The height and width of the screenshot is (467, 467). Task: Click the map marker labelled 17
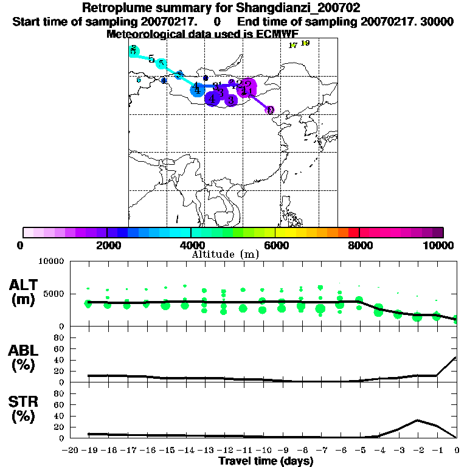[292, 45]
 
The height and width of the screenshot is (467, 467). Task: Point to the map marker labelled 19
[305, 43]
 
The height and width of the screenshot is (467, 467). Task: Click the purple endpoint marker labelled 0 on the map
[270, 110]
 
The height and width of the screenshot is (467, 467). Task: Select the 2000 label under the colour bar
[107, 245]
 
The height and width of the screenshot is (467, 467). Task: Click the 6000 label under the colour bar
[275, 245]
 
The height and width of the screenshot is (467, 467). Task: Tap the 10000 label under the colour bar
[438, 245]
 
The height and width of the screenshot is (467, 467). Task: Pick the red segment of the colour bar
[353, 232]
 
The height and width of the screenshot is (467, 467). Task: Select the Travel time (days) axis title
[266, 462]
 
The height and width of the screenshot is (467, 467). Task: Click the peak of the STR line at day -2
[417, 420]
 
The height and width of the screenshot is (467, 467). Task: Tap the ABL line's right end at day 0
[456, 357]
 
